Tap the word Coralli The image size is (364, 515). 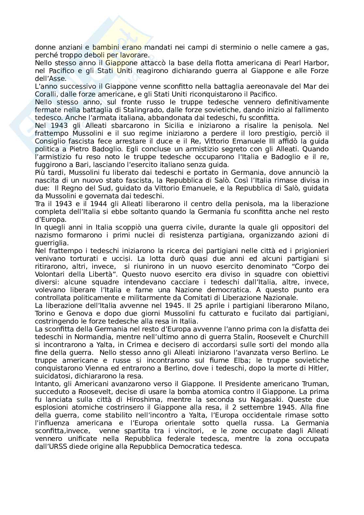pyautogui.click(x=45, y=94)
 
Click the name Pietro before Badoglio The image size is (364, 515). pyautogui.click(x=68, y=149)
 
